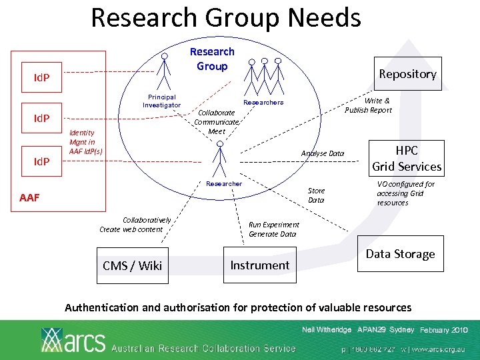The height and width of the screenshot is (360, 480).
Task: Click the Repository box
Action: point(407,74)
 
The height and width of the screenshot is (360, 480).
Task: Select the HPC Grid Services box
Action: point(407,158)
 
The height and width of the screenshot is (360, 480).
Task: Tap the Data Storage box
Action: point(400,254)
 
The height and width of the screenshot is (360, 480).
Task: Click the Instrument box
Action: point(259,265)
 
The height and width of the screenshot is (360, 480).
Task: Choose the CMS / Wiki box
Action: point(133,265)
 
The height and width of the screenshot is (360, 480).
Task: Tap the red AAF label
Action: point(29,198)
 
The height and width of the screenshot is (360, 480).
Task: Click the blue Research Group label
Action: point(212,59)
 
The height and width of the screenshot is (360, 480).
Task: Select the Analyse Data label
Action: point(323,154)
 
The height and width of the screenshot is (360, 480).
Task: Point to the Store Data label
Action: point(316,195)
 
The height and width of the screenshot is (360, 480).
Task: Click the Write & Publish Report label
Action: point(368,105)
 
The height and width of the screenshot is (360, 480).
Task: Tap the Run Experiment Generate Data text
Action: point(274,229)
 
